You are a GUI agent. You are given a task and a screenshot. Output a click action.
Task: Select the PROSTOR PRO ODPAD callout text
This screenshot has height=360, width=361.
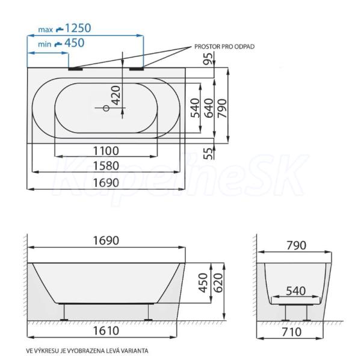[x=224, y=47]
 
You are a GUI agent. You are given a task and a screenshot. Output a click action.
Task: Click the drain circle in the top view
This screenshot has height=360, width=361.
[x=106, y=108]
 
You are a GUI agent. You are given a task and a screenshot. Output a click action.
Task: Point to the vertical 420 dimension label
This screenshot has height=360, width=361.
[x=116, y=95]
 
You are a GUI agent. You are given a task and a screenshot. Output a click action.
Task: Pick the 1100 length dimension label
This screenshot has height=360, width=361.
[x=106, y=151]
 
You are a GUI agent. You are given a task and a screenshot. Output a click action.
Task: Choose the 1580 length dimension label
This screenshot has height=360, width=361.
[x=106, y=166]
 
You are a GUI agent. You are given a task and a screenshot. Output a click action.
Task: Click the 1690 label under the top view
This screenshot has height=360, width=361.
[x=106, y=183]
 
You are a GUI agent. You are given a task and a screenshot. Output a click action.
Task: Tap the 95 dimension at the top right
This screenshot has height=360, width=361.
[x=209, y=59]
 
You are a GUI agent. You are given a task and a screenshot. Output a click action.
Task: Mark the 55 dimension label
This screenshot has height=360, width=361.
[x=209, y=153]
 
